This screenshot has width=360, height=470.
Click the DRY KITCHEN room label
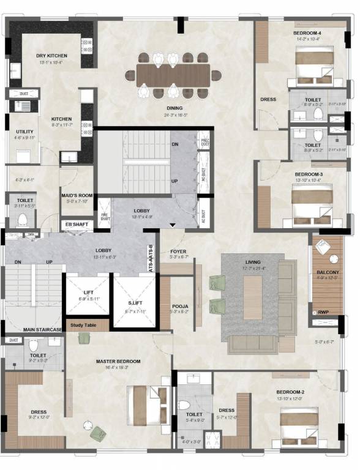point(51,56)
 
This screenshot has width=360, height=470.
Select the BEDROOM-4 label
point(307,32)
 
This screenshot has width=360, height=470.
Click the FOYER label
point(178,250)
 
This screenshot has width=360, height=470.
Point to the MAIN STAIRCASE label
point(43,330)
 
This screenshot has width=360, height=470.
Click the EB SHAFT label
point(77,224)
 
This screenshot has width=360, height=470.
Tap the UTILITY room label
point(25,132)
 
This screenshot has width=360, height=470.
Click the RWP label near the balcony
point(323,313)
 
